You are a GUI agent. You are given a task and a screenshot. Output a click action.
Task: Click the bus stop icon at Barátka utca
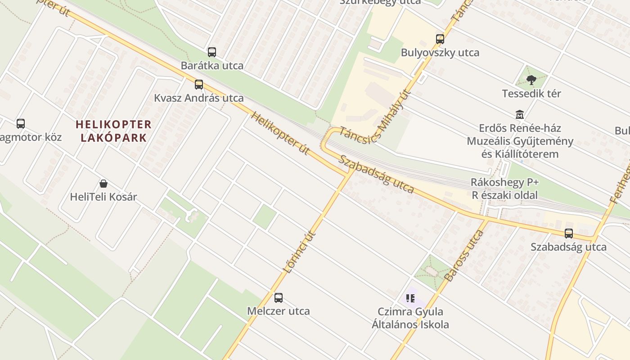click(212, 52)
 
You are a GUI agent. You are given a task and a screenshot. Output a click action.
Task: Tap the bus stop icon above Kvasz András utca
click(199, 85)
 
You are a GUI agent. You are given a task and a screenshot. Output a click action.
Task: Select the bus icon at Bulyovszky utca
click(440, 39)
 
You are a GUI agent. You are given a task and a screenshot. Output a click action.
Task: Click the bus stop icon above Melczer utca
click(279, 297)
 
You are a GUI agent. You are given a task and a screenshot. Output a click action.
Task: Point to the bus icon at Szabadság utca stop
click(569, 234)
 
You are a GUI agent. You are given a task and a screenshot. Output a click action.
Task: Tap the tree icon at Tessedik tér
click(531, 80)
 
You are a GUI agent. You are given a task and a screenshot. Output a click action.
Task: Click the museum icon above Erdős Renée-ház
click(520, 115)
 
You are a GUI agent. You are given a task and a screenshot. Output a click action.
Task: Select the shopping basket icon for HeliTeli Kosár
click(103, 184)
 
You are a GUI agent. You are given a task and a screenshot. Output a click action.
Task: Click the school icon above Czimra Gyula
click(410, 298)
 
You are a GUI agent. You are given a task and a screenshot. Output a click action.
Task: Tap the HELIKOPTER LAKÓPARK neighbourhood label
click(114, 131)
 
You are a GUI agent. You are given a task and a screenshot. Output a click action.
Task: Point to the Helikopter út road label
click(280, 133)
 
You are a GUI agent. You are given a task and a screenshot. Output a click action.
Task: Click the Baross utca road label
click(463, 255)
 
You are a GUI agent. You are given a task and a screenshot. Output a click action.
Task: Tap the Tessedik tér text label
click(531, 94)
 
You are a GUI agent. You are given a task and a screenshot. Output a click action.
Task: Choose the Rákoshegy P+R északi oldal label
click(504, 189)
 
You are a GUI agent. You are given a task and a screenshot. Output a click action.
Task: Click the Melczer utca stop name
click(279, 311)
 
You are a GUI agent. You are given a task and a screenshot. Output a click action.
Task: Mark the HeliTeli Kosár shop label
click(103, 197)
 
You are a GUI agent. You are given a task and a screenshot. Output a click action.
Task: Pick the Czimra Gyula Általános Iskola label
click(410, 318)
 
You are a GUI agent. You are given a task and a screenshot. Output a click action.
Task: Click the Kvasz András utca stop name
click(199, 98)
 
